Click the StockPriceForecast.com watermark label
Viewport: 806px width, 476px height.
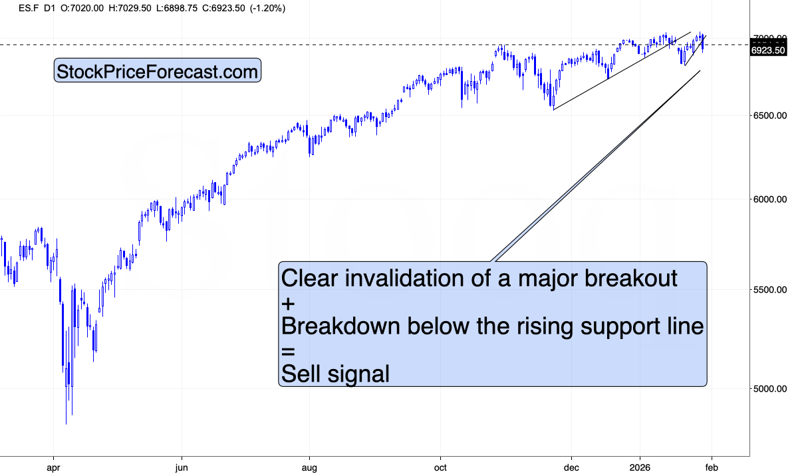[157, 72]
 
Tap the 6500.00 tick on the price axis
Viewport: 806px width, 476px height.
[771, 116]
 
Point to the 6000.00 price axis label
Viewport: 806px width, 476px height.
[771, 199]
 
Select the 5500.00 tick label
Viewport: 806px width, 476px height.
[771, 290]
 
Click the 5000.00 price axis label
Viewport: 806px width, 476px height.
[771, 389]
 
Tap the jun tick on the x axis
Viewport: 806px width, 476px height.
[181, 468]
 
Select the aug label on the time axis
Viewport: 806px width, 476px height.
[309, 468]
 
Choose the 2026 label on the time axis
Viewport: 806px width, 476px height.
[640, 468]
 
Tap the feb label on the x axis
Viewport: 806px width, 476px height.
[712, 468]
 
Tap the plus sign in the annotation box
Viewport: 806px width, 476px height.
[287, 303]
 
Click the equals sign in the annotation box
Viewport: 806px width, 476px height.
[287, 351]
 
